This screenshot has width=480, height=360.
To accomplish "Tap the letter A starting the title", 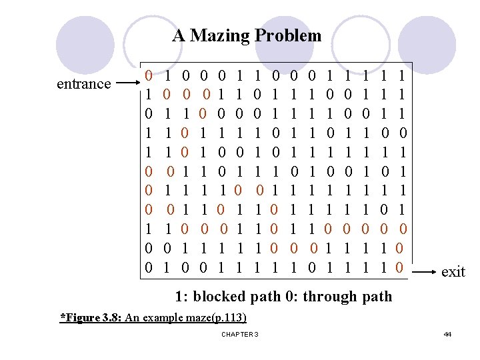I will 179,35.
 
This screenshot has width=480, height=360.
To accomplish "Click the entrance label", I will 84,84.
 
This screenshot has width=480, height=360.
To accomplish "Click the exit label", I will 453,271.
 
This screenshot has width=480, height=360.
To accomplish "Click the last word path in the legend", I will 375,296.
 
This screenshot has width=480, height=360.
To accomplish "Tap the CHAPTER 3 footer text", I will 239,333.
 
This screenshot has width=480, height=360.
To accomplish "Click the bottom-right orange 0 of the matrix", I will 399,269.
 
